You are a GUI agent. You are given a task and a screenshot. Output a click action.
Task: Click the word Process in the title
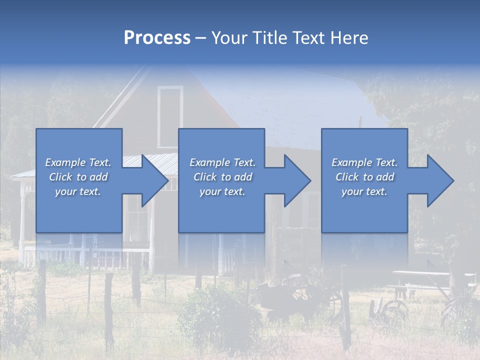point(157,38)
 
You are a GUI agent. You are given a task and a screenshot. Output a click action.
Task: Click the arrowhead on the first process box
point(154,180)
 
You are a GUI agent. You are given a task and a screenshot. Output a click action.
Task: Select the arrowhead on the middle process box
point(297,180)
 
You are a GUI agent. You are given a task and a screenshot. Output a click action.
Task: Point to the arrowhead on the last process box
point(440,180)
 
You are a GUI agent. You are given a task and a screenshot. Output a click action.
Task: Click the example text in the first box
point(78,177)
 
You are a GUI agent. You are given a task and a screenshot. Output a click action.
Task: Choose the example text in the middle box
point(222,177)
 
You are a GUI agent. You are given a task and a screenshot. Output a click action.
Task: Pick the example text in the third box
point(364,177)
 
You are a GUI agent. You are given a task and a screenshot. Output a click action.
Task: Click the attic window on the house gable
point(170,115)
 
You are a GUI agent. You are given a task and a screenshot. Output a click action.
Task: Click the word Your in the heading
point(228,38)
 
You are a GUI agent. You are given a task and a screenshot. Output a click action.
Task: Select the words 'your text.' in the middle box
point(222,191)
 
